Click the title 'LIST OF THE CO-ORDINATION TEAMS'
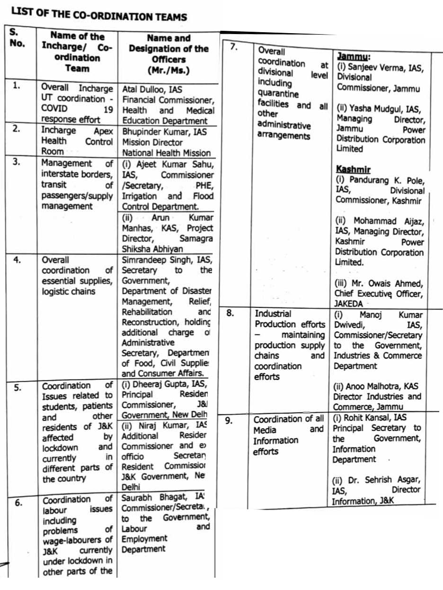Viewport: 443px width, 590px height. tap(99, 16)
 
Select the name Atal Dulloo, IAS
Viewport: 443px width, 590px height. tap(152, 89)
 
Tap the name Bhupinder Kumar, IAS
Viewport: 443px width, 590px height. tap(164, 132)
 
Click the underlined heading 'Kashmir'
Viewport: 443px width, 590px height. tap(353, 169)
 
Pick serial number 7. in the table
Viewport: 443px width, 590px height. tap(233, 47)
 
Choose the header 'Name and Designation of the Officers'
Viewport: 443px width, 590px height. tap(168, 54)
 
